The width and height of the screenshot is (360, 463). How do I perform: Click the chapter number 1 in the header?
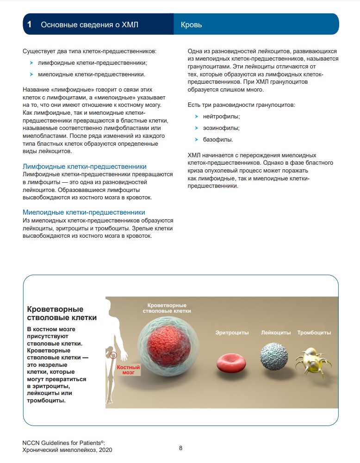29,25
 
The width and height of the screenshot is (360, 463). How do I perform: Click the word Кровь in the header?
191,25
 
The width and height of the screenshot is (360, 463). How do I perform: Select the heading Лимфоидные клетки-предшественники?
85,167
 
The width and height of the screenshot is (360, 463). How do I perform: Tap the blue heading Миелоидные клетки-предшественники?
84,212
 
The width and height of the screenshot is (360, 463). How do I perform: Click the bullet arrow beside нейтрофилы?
197,117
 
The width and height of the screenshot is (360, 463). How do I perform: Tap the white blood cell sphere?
274,356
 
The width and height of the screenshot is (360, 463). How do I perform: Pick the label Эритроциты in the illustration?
232,333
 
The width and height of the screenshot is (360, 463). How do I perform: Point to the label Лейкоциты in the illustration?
276,333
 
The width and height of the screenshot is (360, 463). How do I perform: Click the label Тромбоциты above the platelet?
314,333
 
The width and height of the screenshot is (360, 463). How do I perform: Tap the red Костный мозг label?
128,369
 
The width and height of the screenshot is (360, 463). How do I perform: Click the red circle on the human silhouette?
113,355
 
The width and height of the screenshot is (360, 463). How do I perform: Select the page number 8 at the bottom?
180,448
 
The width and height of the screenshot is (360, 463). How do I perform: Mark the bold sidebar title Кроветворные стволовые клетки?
62,313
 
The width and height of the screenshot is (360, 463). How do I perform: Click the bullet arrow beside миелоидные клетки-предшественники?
31,74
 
